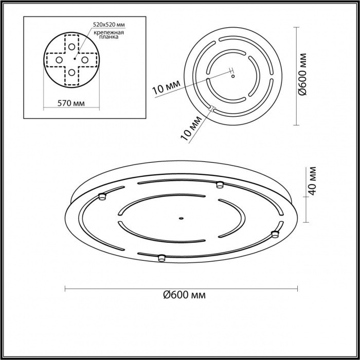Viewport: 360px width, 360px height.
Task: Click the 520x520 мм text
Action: [110, 24]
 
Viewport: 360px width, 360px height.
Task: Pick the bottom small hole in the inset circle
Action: [71, 73]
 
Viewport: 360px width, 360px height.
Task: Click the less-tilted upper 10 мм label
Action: [165, 88]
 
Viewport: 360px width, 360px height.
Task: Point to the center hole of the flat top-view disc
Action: [233, 76]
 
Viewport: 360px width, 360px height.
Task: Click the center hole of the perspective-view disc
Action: [181, 218]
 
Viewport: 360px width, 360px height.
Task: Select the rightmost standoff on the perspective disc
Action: [275, 235]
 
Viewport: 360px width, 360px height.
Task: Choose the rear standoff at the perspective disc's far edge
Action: [220, 184]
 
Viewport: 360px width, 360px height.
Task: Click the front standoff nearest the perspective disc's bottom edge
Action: [161, 257]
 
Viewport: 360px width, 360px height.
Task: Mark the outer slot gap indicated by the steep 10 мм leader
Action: [211, 108]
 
